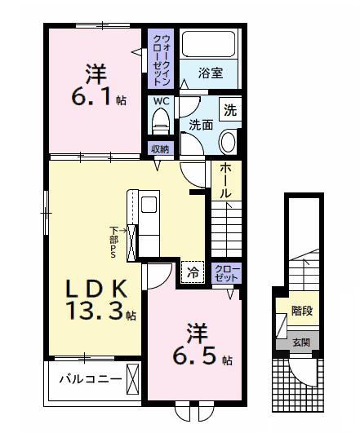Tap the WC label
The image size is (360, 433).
(x=161, y=102)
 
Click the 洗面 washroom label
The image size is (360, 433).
(x=201, y=126)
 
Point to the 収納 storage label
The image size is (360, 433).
(x=160, y=149)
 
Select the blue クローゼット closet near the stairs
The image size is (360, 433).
(x=226, y=272)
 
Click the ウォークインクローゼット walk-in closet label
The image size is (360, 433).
(x=158, y=59)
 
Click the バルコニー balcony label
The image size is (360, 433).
(x=90, y=380)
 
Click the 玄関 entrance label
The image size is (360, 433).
(x=301, y=342)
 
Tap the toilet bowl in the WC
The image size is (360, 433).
(x=161, y=123)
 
